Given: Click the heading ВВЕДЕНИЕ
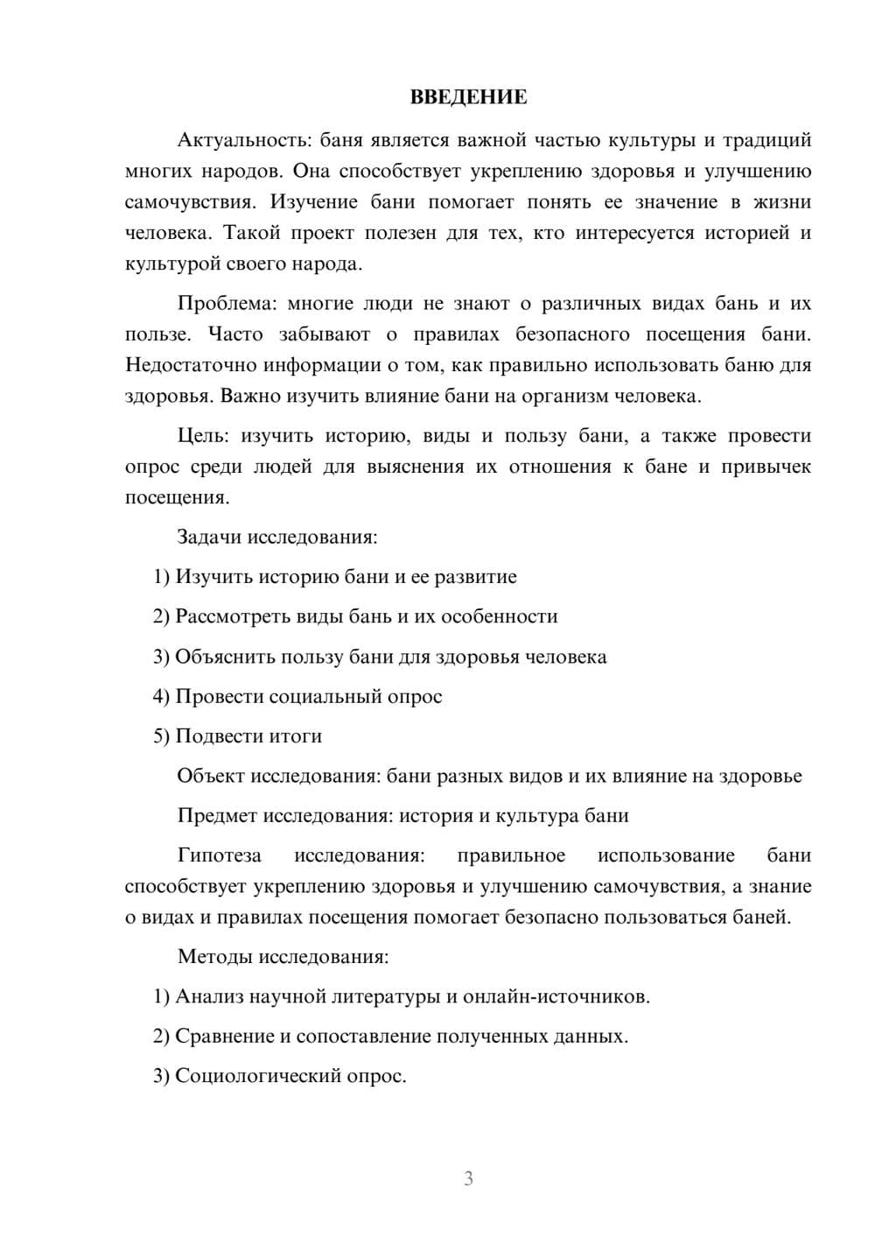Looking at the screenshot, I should tap(468, 97).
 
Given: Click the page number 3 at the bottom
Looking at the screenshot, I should tap(468, 1178).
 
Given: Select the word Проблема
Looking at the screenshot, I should tap(227, 304).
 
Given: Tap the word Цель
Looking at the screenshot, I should tap(203, 436).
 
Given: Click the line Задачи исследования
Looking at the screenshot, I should tap(277, 537).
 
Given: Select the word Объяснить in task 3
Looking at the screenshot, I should tap(226, 657).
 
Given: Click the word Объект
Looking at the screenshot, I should tap(211, 776).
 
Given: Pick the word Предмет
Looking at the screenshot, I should tap(217, 816).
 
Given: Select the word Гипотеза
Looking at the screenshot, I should tap(219, 855).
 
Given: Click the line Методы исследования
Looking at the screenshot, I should tap(283, 956).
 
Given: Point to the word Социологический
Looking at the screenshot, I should tap(260, 1076).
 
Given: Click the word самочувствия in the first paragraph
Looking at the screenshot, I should tap(191, 202).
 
